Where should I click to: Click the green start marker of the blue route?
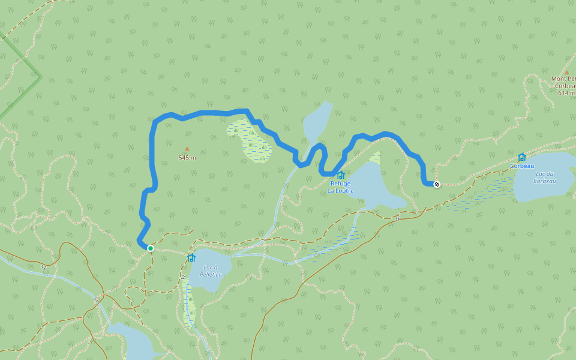[x=151, y=248]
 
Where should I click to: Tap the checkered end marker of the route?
[x=437, y=184]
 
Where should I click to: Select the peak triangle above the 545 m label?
[x=187, y=149]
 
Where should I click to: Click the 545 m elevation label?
[x=187, y=158]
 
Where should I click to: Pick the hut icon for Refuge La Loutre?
[x=341, y=175]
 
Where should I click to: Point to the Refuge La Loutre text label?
[x=340, y=187]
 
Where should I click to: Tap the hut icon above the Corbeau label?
[x=521, y=157]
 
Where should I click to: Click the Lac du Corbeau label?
[x=544, y=177]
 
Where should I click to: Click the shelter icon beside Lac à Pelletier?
[x=191, y=257]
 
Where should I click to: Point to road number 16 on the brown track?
[x=397, y=218]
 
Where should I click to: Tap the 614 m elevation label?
[x=566, y=93]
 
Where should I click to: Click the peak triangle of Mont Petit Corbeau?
[x=566, y=72]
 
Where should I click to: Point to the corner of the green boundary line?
[x=40, y=76]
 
